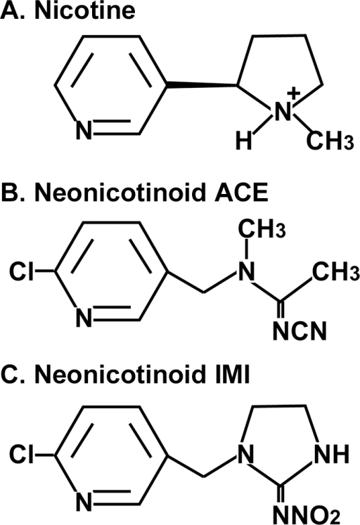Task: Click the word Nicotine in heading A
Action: point(85,11)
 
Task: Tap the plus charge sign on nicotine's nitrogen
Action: point(294,93)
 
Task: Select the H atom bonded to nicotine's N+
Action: point(243,141)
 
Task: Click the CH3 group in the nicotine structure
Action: point(330,141)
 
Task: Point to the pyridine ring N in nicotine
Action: point(84,130)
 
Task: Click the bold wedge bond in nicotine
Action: point(202,84)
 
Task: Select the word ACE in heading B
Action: point(241,193)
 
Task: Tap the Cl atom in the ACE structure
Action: point(21,271)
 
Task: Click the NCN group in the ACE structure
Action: point(299,331)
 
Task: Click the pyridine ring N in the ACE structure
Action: point(84,317)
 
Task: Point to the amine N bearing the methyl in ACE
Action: point(246,271)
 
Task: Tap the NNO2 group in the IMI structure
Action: point(307,515)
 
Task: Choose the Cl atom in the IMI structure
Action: point(21,455)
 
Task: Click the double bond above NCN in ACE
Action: point(281,310)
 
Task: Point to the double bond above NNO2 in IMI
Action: point(281,494)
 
